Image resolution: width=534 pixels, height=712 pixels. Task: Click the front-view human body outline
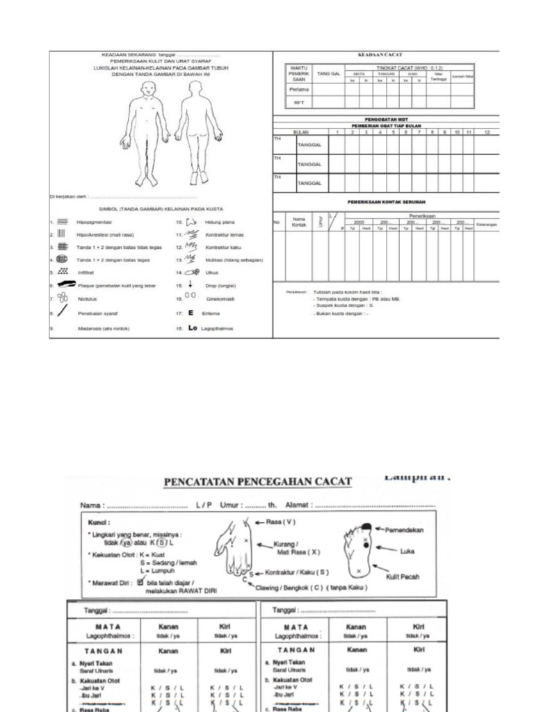point(145,132)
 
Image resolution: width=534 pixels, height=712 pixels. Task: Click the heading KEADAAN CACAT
point(380,54)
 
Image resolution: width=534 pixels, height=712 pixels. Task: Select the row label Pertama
point(299,89)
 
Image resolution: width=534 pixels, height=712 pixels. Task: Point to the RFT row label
point(299,102)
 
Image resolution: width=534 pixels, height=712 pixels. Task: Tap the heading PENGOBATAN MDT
point(385,119)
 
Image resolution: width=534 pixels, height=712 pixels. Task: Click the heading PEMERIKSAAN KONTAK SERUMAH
point(387,202)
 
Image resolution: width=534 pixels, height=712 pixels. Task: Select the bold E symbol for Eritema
point(191,313)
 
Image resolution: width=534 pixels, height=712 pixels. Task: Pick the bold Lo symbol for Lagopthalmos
point(193,327)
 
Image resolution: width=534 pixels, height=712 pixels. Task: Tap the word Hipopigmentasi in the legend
point(95,222)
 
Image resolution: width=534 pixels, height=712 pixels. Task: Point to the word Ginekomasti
point(220,299)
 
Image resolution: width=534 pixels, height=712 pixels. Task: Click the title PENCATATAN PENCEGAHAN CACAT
point(257,482)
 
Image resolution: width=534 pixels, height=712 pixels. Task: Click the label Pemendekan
point(405,530)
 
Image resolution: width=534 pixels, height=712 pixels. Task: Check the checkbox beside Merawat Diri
point(140,583)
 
